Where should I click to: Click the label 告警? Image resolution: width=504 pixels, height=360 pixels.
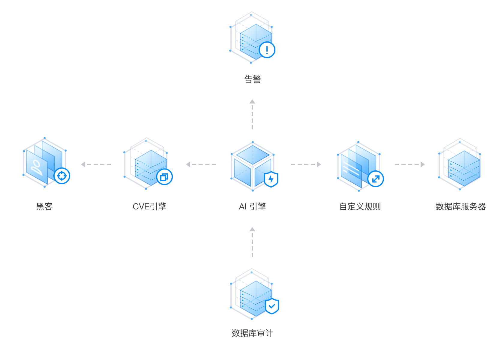click(x=252, y=79)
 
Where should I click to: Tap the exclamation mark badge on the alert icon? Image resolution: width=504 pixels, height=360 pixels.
click(x=267, y=50)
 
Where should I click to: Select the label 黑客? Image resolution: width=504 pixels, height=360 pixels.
click(x=44, y=207)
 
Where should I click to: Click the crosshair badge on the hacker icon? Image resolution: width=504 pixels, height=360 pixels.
click(x=62, y=176)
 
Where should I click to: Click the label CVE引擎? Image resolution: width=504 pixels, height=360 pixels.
click(x=149, y=207)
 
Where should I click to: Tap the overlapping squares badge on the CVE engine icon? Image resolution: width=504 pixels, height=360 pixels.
click(x=164, y=177)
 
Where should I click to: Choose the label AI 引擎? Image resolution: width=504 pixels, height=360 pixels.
click(x=252, y=207)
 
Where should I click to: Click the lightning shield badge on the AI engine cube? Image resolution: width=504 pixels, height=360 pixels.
click(x=271, y=179)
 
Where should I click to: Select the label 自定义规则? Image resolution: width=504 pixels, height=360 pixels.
click(x=360, y=207)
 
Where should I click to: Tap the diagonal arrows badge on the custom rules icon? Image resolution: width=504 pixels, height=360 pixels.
click(x=376, y=179)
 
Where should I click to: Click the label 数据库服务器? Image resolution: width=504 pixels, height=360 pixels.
click(x=460, y=207)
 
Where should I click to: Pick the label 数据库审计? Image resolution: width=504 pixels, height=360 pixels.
click(x=252, y=333)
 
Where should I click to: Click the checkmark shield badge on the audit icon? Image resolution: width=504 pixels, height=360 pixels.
click(x=272, y=306)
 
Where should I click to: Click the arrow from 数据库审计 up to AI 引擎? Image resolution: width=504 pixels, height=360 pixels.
click(x=252, y=242)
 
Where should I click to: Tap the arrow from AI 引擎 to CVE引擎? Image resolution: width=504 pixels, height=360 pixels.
click(x=201, y=164)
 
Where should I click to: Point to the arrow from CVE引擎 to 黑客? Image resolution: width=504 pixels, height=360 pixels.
click(x=96, y=164)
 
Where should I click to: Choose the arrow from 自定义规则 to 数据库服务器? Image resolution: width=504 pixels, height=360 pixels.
click(x=410, y=164)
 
